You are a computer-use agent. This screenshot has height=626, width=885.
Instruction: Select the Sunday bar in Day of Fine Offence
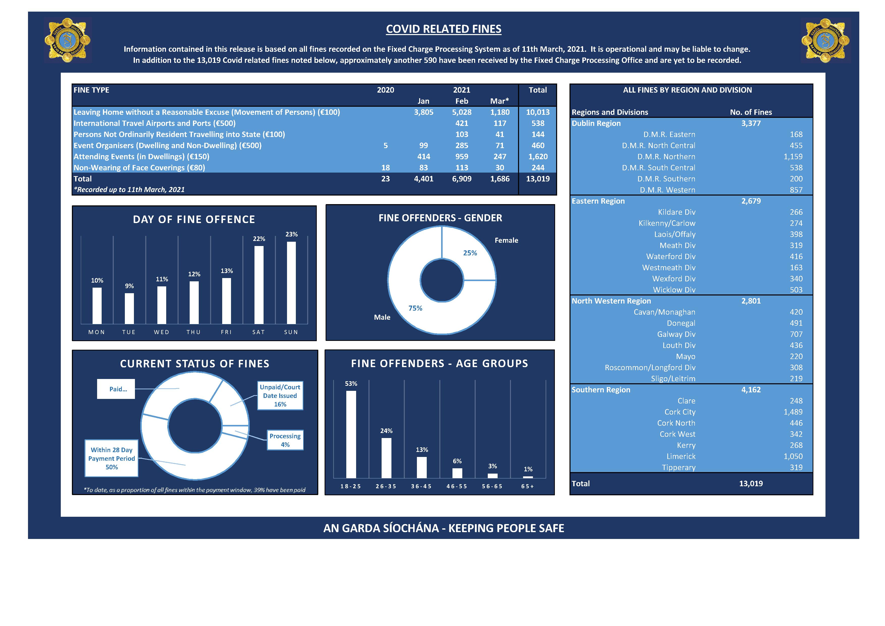[291, 283]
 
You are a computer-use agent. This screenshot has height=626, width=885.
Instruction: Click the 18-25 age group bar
[351, 434]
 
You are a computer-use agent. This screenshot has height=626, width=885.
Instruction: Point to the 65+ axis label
[528, 486]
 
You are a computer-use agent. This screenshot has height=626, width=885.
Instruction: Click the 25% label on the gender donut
[470, 253]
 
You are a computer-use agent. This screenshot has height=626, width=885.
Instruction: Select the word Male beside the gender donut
[382, 317]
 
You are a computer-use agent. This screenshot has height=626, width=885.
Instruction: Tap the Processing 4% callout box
[285, 440]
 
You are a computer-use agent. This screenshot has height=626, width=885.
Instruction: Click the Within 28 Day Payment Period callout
[111, 458]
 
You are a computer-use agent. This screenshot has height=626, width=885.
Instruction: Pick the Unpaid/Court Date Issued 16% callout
[280, 396]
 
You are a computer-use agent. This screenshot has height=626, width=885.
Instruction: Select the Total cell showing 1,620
[538, 157]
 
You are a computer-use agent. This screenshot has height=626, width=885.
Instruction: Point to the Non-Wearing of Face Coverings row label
[139, 168]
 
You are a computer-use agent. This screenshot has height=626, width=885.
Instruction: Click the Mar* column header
[500, 101]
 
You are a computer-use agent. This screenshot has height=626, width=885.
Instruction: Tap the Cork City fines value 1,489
[793, 412]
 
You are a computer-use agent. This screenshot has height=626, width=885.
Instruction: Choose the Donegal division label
[681, 323]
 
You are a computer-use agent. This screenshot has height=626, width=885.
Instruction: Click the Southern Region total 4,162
[751, 390]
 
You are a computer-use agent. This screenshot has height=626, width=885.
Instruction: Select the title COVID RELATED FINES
[444, 29]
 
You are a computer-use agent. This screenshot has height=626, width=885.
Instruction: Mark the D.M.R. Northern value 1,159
[793, 157]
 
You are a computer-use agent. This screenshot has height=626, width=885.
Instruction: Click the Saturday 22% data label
[259, 239]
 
